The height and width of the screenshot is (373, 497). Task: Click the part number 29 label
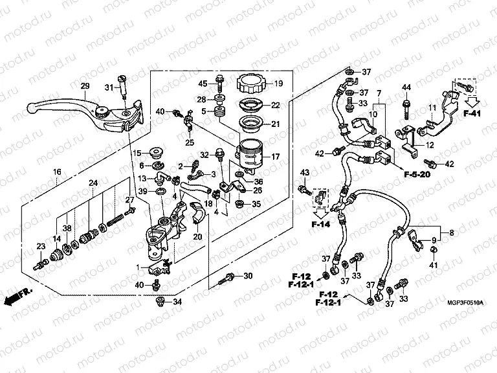[84, 87]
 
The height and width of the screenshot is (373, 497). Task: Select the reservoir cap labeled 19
[252, 84]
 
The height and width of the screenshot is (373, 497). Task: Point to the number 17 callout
[274, 156]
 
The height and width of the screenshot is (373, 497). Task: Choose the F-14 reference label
[320, 224]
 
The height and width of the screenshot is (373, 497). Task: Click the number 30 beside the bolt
[247, 277]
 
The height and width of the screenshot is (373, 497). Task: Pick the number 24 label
[94, 183]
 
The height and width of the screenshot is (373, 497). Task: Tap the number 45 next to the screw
[203, 84]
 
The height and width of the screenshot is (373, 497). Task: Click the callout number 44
[406, 87]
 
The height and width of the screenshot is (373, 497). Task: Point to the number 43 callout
[305, 171]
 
